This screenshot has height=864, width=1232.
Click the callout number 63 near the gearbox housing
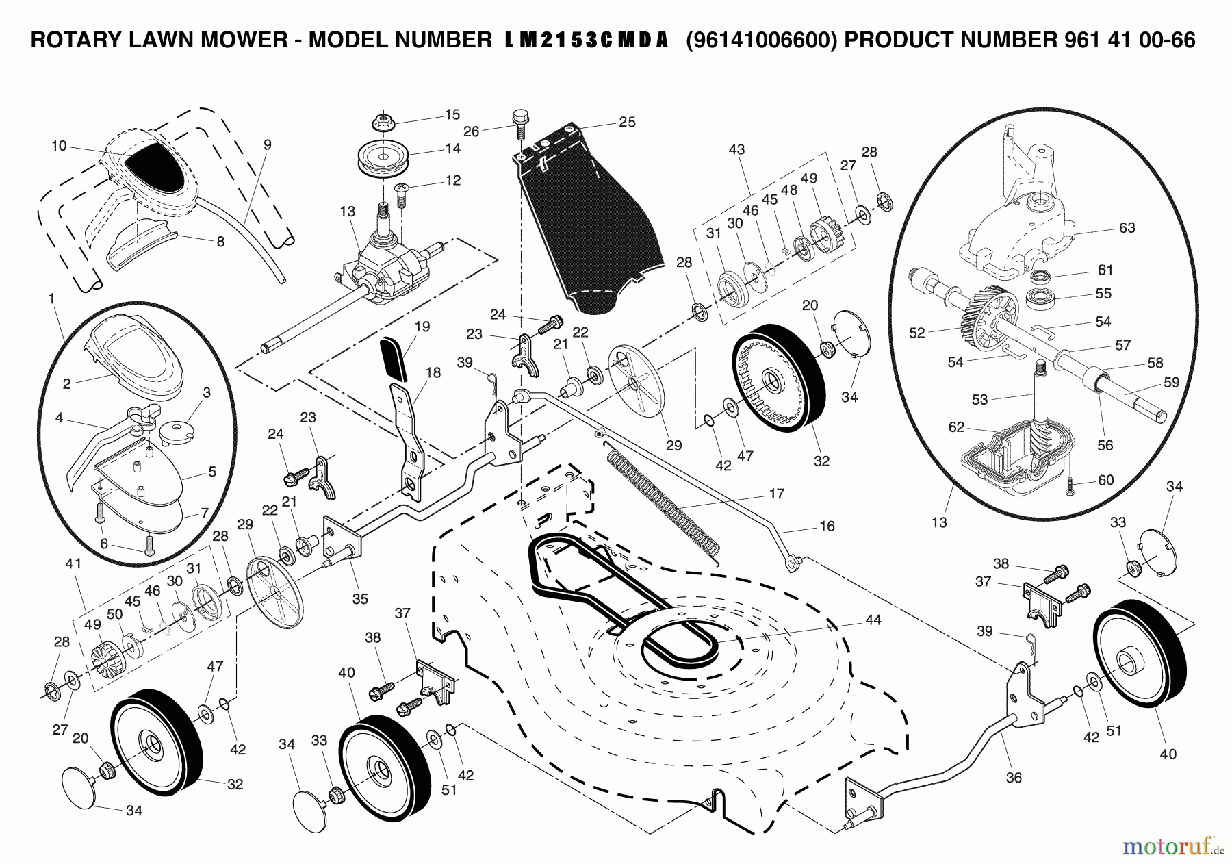point(1127,228)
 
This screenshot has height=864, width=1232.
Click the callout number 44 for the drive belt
point(873,620)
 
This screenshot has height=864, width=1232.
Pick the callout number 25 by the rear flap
point(627,122)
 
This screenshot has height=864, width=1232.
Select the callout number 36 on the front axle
point(1014,778)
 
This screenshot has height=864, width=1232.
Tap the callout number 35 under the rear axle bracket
point(360,598)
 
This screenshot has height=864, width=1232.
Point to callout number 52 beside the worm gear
point(916,333)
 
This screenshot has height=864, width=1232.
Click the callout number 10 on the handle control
point(59,145)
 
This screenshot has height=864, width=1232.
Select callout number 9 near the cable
point(267,144)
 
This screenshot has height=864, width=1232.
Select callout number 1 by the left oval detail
point(51,298)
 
